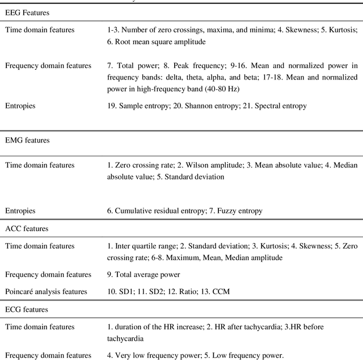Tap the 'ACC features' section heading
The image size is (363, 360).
point(27,228)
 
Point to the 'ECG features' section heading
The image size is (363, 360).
point(27,309)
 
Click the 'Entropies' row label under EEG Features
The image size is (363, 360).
point(20,106)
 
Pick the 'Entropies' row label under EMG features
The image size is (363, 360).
point(20,211)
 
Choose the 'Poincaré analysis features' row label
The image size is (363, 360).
point(46,291)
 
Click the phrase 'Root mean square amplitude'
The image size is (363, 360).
point(158,41)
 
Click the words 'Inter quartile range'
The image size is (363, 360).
point(146,246)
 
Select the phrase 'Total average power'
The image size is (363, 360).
point(148,275)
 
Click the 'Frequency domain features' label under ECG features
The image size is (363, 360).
point(48,355)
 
